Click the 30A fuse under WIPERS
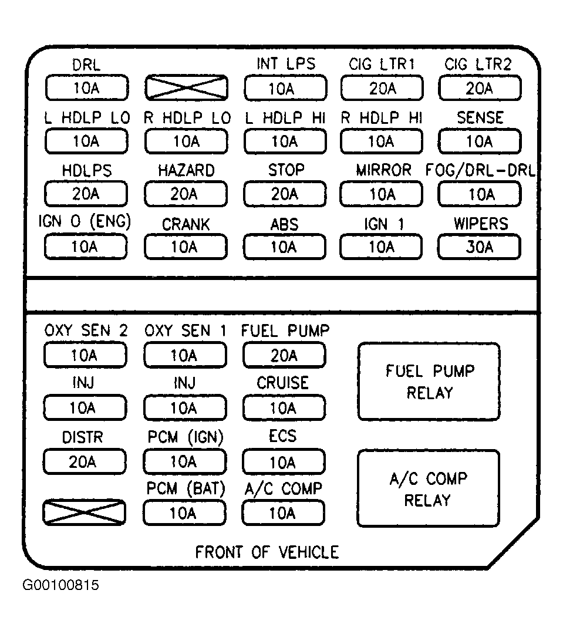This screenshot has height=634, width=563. (x=479, y=247)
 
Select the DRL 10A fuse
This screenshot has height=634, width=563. (x=86, y=87)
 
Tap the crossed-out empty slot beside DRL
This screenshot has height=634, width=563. (x=187, y=87)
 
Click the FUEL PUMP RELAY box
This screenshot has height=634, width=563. (x=429, y=382)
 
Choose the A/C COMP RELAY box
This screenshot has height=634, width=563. (x=429, y=488)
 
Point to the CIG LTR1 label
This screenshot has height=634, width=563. (x=382, y=65)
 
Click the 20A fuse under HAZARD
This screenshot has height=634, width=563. (x=186, y=194)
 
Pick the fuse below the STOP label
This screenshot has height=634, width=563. (x=285, y=194)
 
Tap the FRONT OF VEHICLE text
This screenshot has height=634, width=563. (x=267, y=552)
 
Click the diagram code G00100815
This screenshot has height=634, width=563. (x=60, y=585)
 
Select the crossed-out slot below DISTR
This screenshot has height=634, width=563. (x=84, y=512)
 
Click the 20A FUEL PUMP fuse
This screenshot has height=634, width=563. (x=284, y=355)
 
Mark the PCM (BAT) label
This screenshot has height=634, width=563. (x=186, y=489)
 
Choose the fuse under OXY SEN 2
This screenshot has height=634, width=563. (x=85, y=355)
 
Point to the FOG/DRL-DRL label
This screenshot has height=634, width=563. (x=480, y=170)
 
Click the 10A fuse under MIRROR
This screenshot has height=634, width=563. (x=382, y=194)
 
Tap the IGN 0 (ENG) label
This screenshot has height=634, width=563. (x=85, y=221)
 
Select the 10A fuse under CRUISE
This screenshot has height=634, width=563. (x=284, y=407)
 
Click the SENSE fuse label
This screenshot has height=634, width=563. (x=480, y=117)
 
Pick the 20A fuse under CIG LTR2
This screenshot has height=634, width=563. (x=480, y=87)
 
